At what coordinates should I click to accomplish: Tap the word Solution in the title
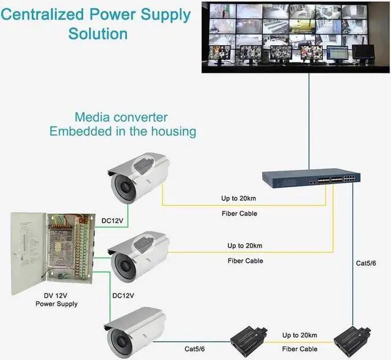(98, 33)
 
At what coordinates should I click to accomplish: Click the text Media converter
(120, 117)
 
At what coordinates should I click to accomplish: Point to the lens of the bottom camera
(119, 339)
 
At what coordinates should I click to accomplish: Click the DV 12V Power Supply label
(56, 299)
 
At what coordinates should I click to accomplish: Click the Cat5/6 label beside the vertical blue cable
(367, 263)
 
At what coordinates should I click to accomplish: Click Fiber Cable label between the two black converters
(300, 349)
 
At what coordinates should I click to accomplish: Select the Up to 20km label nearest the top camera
(238, 199)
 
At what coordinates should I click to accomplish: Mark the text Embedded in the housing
(123, 131)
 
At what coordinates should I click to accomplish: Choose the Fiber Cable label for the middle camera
(246, 261)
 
